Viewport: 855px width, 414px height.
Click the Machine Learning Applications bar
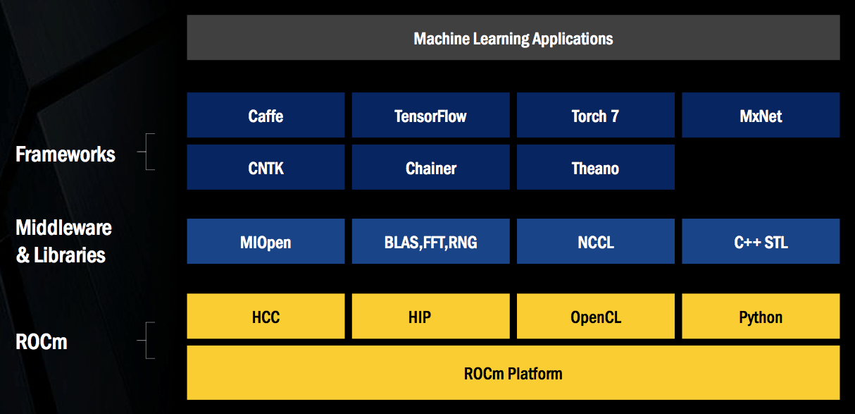[513, 38]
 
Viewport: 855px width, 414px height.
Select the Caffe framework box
[266, 115]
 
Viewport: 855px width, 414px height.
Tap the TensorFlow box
[430, 115]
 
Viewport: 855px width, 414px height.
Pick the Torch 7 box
[595, 115]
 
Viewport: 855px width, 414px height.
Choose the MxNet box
[761, 115]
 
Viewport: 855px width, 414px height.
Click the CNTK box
[266, 167]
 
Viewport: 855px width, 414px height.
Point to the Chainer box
[430, 167]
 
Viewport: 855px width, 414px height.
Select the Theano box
[595, 167]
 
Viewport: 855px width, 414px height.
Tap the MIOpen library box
[266, 241]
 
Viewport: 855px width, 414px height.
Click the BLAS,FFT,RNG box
[430, 241]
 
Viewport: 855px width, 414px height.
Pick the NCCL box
[595, 241]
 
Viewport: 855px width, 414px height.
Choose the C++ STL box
[761, 241]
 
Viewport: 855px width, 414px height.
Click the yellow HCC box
[266, 316]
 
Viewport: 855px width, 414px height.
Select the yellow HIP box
[430, 316]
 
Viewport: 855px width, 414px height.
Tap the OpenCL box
[595, 316]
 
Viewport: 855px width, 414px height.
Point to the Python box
[761, 316]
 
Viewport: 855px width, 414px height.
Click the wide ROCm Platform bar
[513, 372]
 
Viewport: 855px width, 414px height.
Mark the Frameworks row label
[65, 154]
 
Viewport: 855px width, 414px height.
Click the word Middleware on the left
[63, 228]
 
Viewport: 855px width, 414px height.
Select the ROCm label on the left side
[42, 343]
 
